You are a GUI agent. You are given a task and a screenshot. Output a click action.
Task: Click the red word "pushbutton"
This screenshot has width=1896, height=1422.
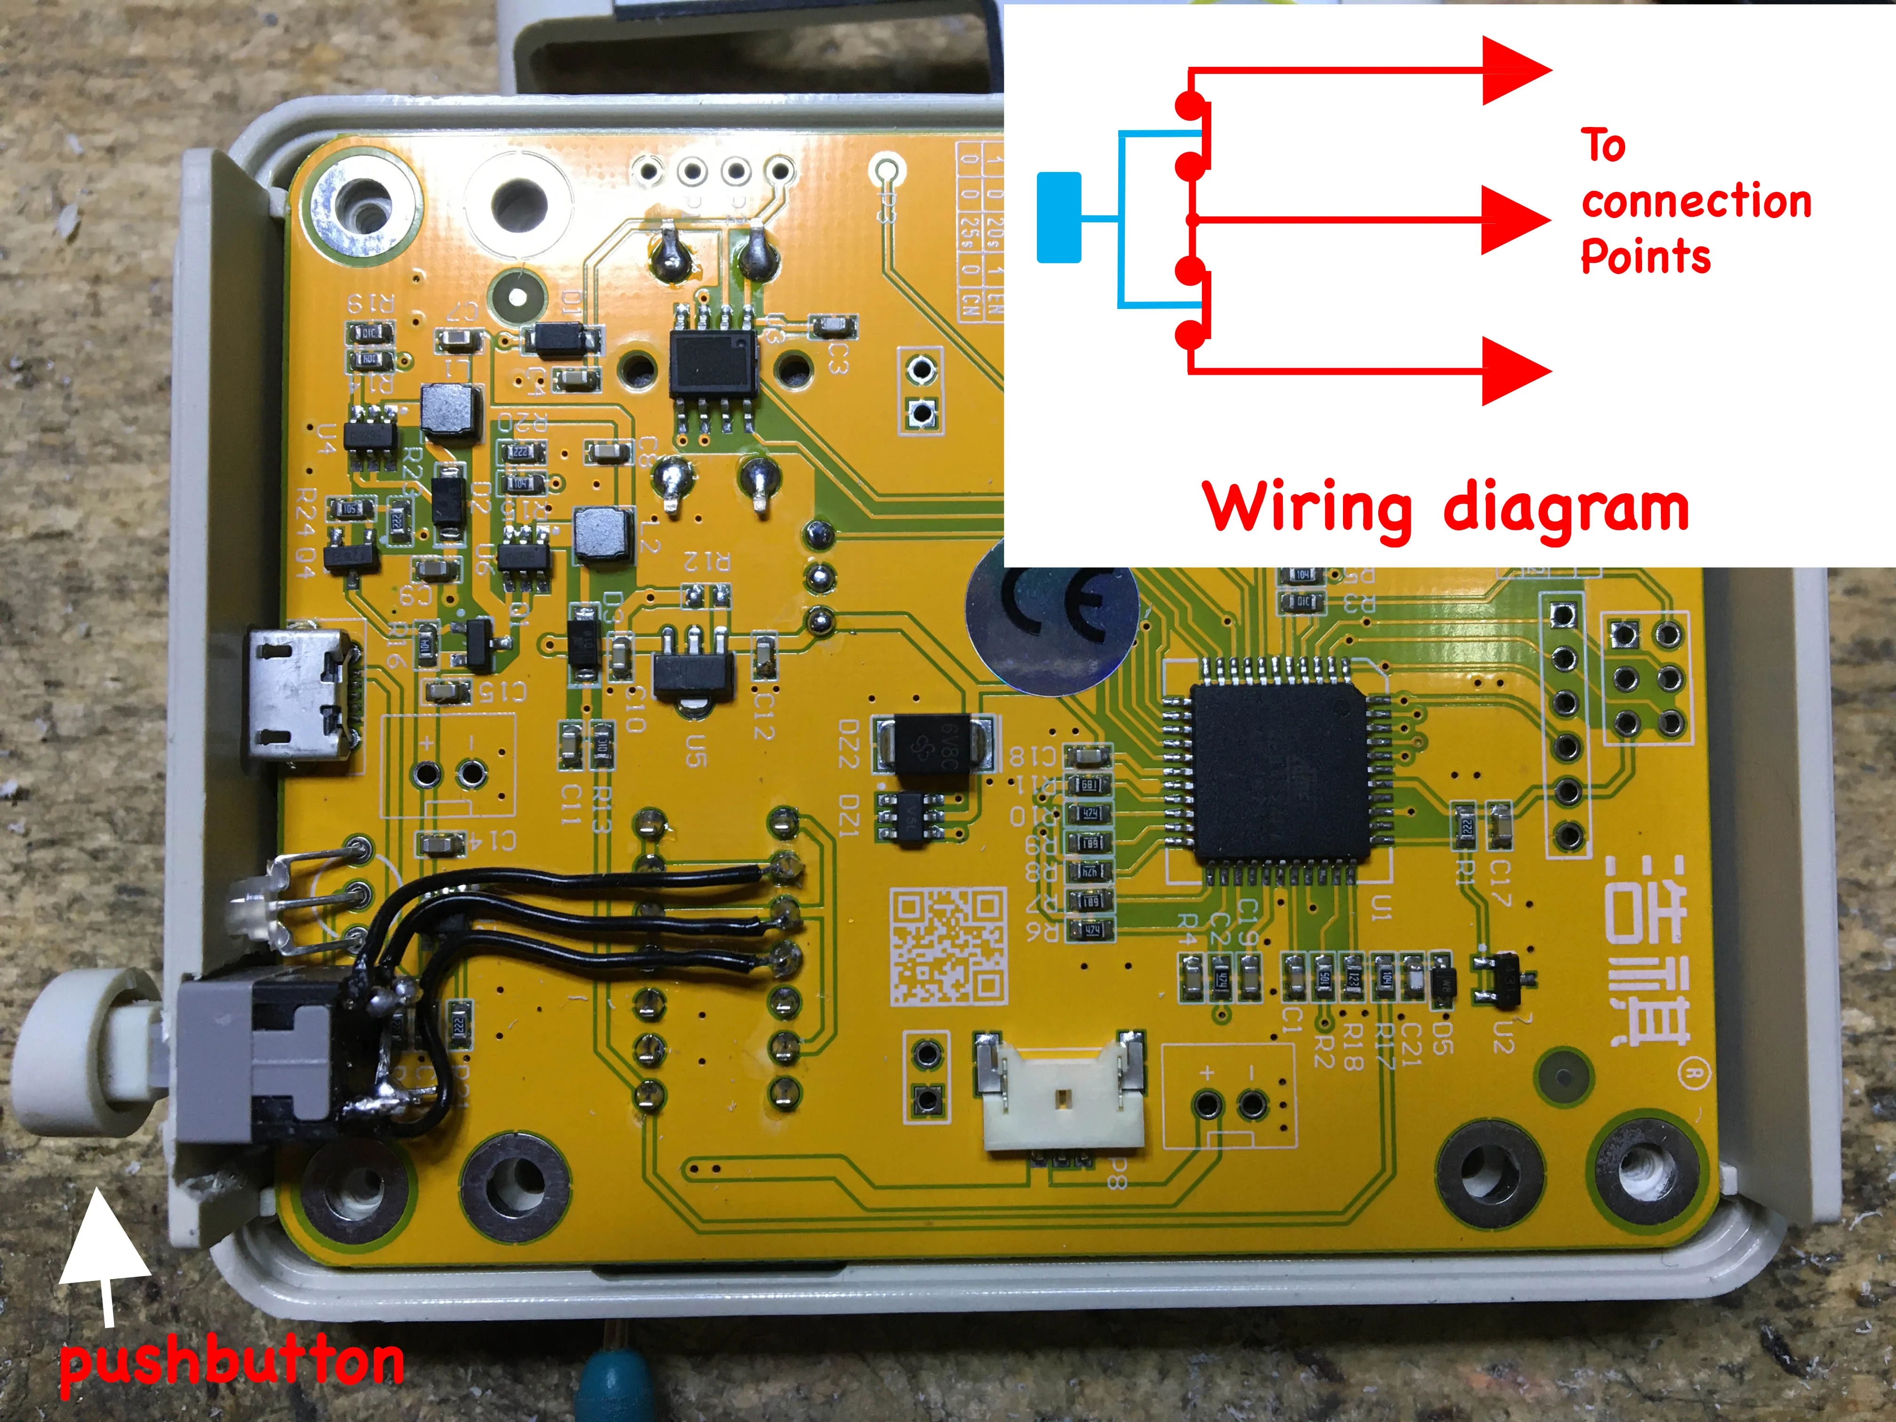tap(231, 1363)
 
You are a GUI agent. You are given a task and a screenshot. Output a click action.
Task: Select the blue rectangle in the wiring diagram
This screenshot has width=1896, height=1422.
tap(1059, 217)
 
